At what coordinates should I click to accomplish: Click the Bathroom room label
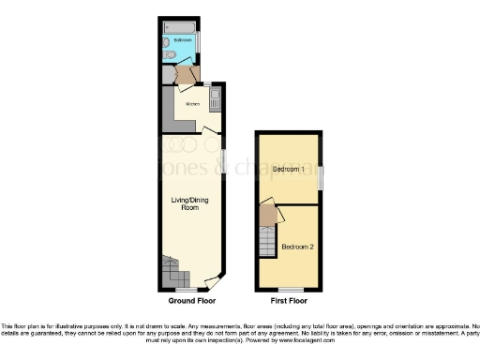183,39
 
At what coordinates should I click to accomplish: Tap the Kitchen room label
191,104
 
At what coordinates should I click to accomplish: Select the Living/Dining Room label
184,202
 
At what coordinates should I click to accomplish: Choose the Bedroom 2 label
297,246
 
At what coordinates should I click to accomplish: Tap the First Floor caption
290,302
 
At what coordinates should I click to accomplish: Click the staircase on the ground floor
173,274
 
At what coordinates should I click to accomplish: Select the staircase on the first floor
267,241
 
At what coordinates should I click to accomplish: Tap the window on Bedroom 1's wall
321,177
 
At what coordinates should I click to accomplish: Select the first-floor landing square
268,215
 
